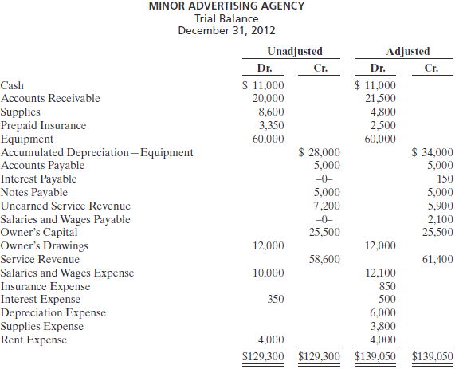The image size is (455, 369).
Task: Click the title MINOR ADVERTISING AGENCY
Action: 227,6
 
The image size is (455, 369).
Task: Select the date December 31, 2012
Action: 227,31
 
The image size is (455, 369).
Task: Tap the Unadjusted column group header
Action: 294,51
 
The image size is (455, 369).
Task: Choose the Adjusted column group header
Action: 407,51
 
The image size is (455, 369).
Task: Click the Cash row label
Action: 12,85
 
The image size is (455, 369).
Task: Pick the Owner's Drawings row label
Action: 44,245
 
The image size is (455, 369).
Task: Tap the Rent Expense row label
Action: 33,340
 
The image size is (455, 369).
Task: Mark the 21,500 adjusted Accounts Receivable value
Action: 379,98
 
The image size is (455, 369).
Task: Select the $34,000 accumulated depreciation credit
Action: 432,152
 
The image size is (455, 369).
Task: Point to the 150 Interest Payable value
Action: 445,179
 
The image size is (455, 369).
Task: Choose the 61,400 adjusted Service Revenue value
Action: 437,259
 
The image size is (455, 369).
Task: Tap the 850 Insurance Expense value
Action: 386,286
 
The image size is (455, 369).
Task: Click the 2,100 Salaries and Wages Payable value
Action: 440,219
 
